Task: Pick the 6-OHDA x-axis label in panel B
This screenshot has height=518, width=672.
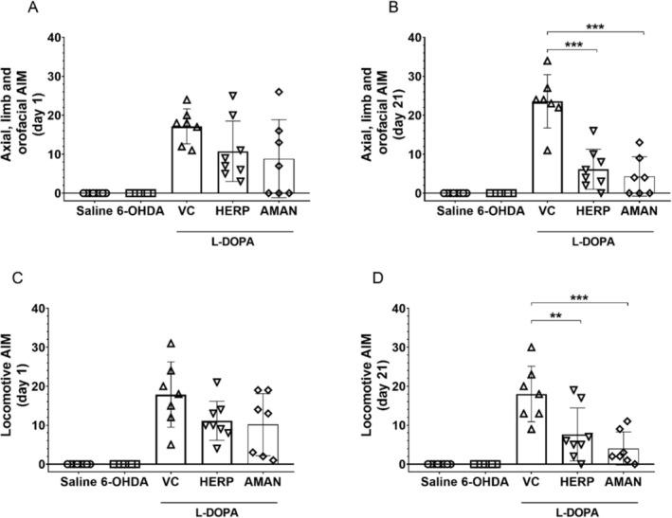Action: pyautogui.click(x=491, y=209)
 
